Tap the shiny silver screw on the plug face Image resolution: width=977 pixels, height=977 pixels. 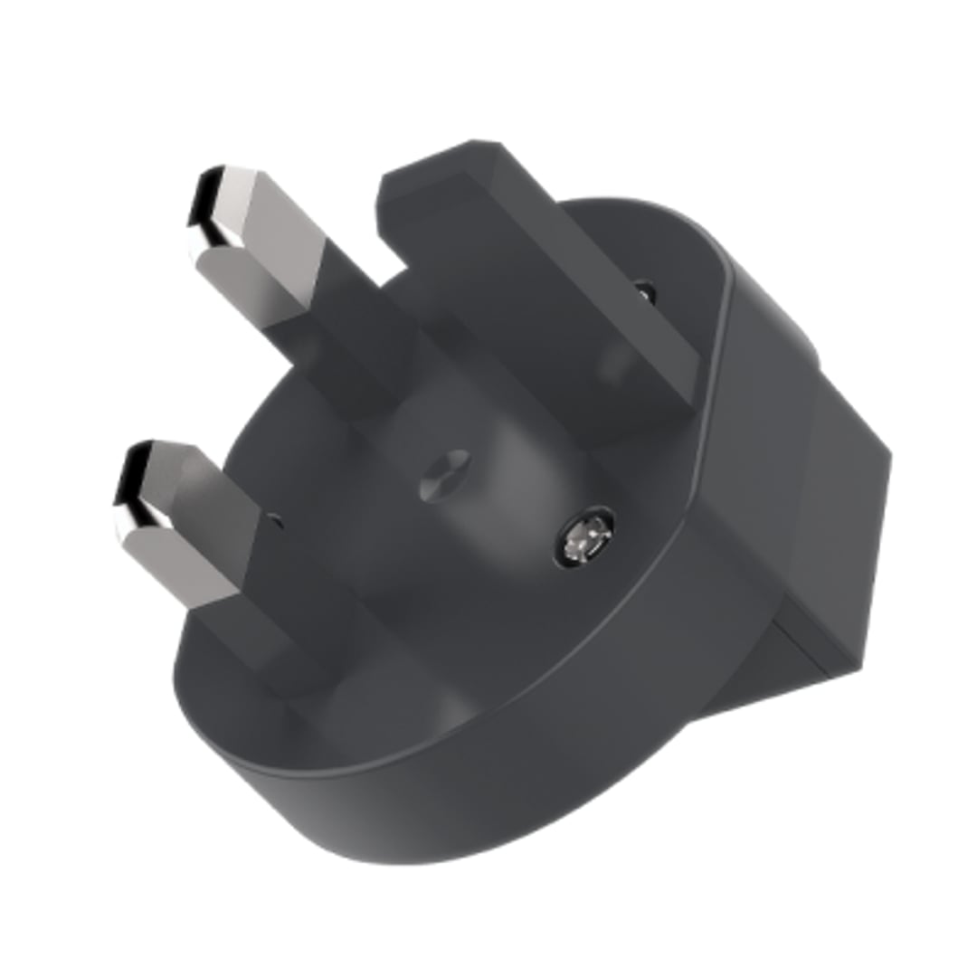[584, 540]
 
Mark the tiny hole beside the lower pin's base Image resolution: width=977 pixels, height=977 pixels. [276, 520]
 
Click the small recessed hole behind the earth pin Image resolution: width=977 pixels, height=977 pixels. [644, 292]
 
